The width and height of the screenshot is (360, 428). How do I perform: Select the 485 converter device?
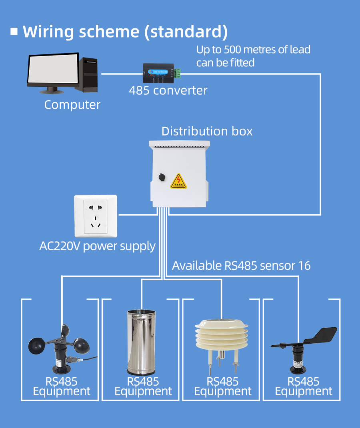click(x=160, y=72)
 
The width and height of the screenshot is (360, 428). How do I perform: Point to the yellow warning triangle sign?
click(x=178, y=181)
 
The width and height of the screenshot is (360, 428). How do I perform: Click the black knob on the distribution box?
click(x=162, y=177)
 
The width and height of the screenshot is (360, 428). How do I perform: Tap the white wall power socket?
click(x=96, y=216)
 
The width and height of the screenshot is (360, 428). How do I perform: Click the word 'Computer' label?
click(x=72, y=105)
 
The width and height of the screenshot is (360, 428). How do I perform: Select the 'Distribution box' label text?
click(x=207, y=131)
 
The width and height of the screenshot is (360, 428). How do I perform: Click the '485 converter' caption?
click(x=168, y=90)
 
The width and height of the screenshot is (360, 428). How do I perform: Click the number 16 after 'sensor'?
click(x=304, y=266)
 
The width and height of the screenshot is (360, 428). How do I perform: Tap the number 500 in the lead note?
click(x=232, y=50)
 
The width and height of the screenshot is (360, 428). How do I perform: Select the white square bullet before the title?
click(x=14, y=31)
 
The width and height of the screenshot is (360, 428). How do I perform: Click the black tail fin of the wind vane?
click(x=322, y=335)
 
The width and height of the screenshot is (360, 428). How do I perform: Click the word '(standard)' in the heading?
click(x=186, y=32)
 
